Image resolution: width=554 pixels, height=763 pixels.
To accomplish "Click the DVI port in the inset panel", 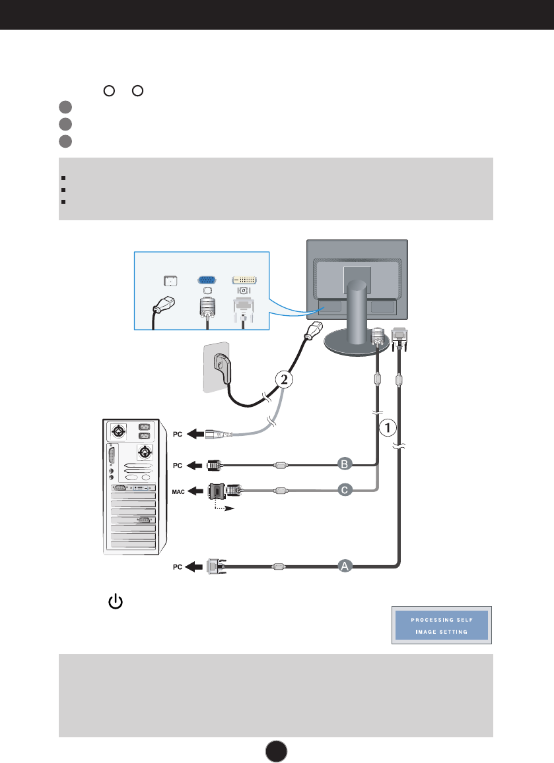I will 244,279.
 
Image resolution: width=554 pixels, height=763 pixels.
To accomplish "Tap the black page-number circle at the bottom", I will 277,750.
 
